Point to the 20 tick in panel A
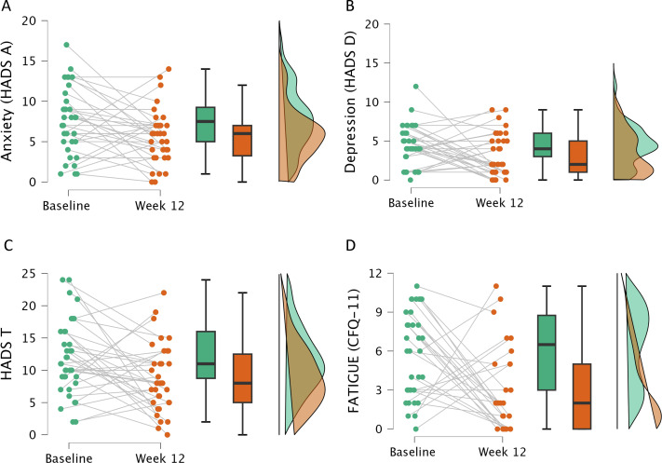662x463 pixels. coord(32,20)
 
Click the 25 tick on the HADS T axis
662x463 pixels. coord(32,274)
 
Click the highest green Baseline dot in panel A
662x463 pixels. coord(66,45)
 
